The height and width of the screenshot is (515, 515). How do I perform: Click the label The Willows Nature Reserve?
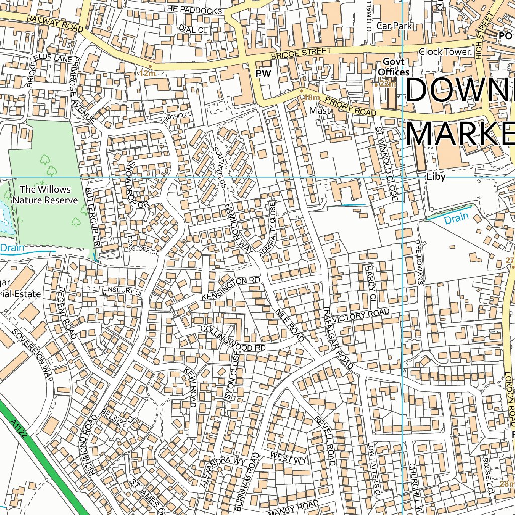45,195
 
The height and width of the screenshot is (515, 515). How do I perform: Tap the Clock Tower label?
445,52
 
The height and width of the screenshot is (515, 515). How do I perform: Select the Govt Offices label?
394,67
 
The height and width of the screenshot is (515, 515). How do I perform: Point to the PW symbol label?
263,74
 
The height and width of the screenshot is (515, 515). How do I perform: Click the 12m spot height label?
148,73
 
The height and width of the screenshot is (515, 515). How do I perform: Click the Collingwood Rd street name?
232,338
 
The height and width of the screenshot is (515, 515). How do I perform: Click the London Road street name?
508,398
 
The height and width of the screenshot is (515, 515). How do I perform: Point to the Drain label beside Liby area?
456,217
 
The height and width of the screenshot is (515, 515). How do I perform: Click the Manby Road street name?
294,508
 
